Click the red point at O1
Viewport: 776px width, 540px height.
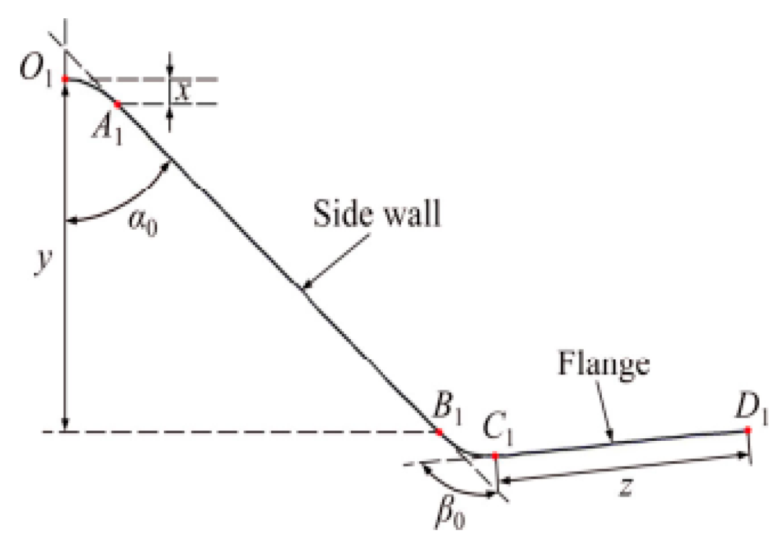(66, 79)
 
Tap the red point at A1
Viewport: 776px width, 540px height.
(118, 104)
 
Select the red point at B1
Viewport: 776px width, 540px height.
(440, 432)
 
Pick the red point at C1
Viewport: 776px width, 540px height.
(496, 455)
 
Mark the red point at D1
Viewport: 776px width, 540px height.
(747, 430)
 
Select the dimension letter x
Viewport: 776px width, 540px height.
(185, 92)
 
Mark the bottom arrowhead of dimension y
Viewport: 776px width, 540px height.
(65, 427)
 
